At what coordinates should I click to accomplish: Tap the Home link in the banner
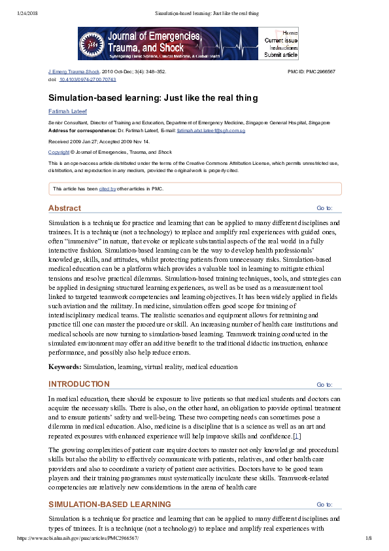290,33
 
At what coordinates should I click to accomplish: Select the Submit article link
281,55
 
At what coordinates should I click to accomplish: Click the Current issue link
281,41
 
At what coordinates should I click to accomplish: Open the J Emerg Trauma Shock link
74,71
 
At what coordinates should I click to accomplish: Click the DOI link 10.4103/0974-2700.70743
88,79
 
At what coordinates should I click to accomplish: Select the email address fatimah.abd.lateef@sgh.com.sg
211,131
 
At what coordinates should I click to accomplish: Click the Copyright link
58,152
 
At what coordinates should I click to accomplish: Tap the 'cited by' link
107,188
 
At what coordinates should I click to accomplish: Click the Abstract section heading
64,208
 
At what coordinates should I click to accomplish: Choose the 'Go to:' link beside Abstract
324,209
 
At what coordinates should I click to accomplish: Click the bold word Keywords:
65,367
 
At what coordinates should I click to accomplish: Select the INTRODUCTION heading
78,384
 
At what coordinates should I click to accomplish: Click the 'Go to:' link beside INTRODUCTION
324,385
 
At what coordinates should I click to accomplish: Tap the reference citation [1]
297,435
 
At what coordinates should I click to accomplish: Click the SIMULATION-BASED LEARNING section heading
109,504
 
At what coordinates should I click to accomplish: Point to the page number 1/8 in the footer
367,537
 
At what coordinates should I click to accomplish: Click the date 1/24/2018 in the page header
25,13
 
